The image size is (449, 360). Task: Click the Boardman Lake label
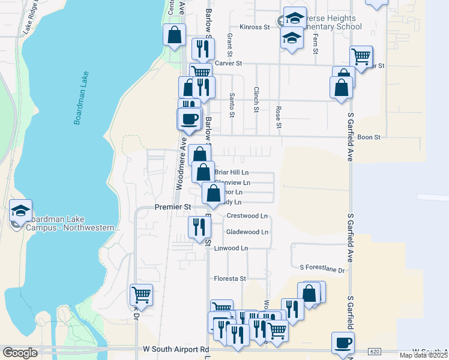coord(82,99)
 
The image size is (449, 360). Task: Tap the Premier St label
coord(172,207)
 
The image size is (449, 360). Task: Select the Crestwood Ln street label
coord(247,216)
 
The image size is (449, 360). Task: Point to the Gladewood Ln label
coord(247,232)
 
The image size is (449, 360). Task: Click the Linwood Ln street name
coord(231,248)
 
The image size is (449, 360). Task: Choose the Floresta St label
coord(231,279)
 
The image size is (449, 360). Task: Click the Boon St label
coord(369,137)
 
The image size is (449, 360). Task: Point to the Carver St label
coord(228,63)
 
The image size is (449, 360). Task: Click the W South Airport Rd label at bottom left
coord(176,349)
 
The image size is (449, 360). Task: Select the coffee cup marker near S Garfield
coord(343,343)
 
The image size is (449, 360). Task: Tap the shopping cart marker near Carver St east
coord(361,57)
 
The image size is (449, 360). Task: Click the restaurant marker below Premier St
coord(199,227)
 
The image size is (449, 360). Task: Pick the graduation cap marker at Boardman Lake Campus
coord(20,210)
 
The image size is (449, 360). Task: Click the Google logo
coord(20,353)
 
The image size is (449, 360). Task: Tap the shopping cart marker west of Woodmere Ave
coord(142,295)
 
